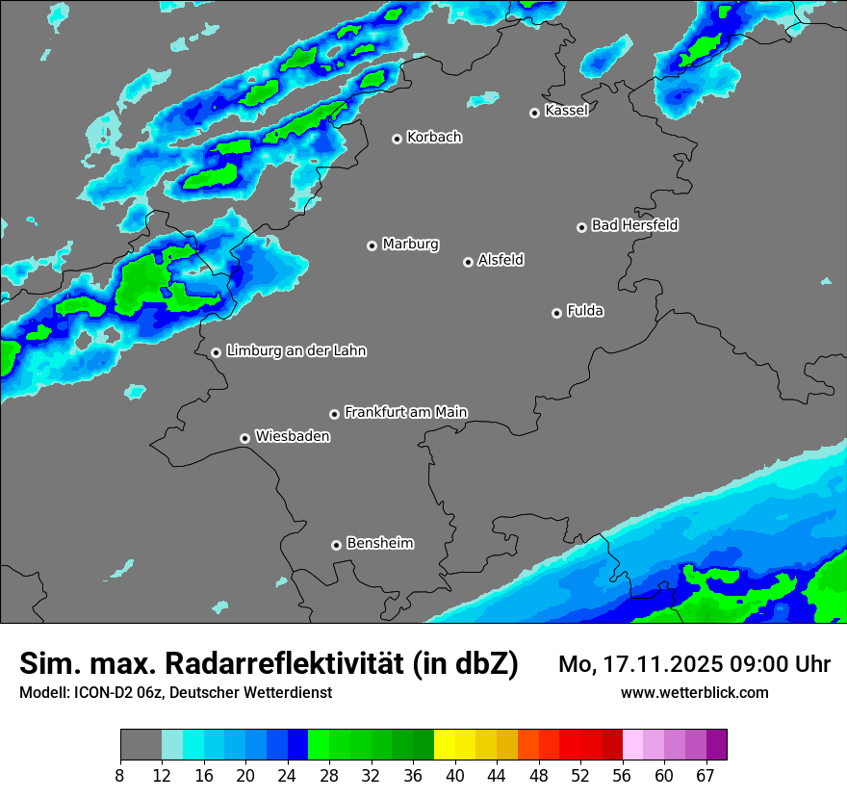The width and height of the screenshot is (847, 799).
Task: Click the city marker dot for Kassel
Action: pyautogui.click(x=535, y=113)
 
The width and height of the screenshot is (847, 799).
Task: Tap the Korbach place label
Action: pyautogui.click(x=434, y=137)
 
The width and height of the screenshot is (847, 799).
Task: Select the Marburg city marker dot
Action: pyautogui.click(x=372, y=245)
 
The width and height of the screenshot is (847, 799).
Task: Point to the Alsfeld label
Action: pyautogui.click(x=500, y=260)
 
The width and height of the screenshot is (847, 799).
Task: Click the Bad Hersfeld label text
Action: pyautogui.click(x=634, y=225)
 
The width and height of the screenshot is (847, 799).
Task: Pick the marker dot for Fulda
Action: pyautogui.click(x=556, y=313)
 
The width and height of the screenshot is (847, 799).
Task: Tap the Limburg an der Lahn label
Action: pyautogui.click(x=295, y=351)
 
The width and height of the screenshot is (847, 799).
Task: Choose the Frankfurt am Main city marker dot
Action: pyautogui.click(x=335, y=414)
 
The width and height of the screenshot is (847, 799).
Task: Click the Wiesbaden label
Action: pyautogui.click(x=292, y=436)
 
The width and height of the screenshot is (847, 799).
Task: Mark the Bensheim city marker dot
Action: pyautogui.click(x=336, y=545)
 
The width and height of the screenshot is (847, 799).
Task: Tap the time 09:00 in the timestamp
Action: pyautogui.click(x=742, y=664)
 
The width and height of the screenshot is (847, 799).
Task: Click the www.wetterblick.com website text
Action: pyautogui.click(x=694, y=692)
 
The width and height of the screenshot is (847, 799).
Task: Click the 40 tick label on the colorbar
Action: pyautogui.click(x=454, y=775)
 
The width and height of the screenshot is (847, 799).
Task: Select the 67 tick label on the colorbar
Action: pyautogui.click(x=706, y=775)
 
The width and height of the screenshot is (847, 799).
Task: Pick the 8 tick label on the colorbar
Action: pyautogui.click(x=119, y=775)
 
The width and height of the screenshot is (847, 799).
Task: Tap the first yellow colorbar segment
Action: pyautogui.click(x=444, y=745)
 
